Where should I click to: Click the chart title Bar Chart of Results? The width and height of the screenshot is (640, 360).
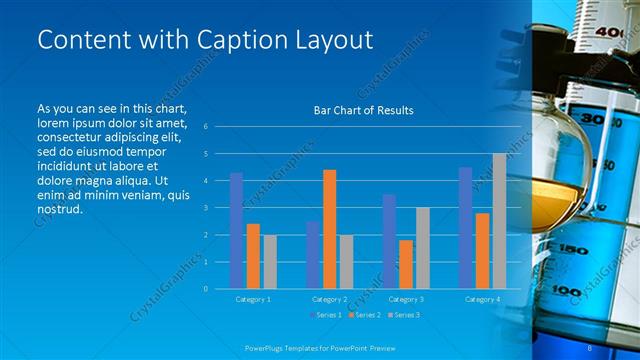357,110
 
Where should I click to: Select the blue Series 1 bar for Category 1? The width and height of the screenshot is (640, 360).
236,231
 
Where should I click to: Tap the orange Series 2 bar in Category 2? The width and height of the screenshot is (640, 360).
330,229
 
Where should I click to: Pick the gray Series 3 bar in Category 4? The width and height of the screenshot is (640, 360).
499,221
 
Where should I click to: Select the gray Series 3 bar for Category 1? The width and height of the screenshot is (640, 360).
270,262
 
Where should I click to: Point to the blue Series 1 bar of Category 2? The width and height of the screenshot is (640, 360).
313,255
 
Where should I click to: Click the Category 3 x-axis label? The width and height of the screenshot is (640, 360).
405,299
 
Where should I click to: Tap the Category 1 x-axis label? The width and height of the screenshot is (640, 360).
252,299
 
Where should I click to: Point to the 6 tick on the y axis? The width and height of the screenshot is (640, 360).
205,127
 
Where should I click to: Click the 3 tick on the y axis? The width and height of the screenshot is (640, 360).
205,208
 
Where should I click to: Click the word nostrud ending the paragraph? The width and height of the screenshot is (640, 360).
59,210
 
